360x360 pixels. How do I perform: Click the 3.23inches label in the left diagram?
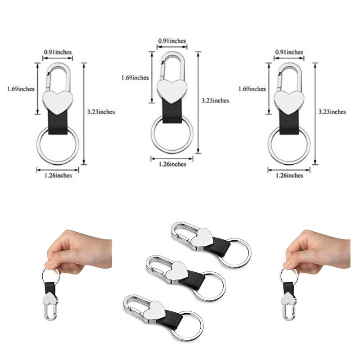101,112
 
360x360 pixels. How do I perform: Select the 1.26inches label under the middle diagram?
172,164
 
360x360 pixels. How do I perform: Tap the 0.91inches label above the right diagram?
289,52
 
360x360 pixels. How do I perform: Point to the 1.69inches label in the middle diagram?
135,77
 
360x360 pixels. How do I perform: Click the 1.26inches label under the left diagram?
58,175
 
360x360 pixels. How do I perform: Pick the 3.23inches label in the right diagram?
332,112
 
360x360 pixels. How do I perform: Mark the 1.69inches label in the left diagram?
21,89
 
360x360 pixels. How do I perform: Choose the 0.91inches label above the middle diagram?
172,41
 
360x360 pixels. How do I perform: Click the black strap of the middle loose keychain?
193,279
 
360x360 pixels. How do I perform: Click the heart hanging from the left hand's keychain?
50,301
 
